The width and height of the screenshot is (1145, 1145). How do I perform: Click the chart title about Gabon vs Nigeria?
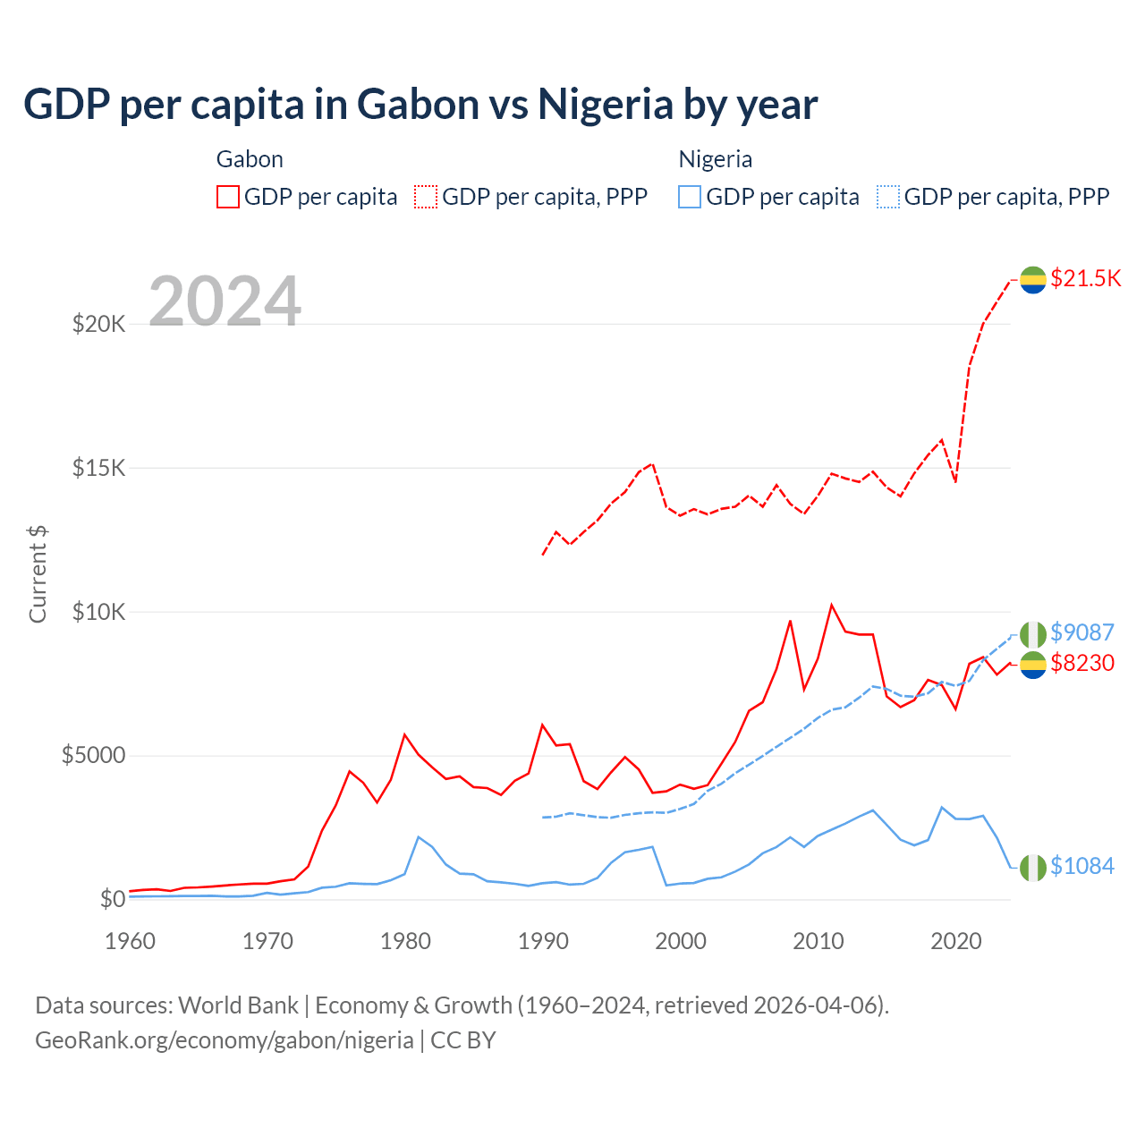pos(420,105)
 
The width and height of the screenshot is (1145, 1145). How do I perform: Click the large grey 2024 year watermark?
pos(225,301)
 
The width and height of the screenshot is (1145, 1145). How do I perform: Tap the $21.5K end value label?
pos(1085,278)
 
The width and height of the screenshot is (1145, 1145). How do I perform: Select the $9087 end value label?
pos(1081,632)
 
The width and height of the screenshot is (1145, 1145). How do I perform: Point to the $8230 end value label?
pos(1081,663)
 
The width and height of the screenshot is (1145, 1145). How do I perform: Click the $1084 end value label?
pos(1081,866)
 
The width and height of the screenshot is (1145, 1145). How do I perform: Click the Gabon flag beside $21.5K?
pos(1033,279)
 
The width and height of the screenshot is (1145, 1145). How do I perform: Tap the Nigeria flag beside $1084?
pos(1033,867)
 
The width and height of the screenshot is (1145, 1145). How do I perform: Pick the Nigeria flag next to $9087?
pos(1033,633)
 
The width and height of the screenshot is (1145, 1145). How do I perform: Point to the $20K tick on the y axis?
pos(98,324)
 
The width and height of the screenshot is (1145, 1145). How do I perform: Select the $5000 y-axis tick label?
pos(93,756)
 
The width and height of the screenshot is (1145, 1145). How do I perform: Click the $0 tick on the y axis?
pos(112,900)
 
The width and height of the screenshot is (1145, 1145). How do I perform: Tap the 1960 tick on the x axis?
pos(131,941)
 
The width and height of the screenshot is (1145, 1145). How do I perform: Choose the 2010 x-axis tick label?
pos(818,941)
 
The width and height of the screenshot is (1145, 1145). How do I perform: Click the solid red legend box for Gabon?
pos(228,197)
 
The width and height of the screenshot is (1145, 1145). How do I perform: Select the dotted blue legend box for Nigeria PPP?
pos(888,197)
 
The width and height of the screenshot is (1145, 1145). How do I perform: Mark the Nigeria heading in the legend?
pos(715,159)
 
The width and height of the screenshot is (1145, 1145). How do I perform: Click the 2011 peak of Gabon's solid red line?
pos(832,606)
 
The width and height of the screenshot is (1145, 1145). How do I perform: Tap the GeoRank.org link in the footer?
pos(224,1040)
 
